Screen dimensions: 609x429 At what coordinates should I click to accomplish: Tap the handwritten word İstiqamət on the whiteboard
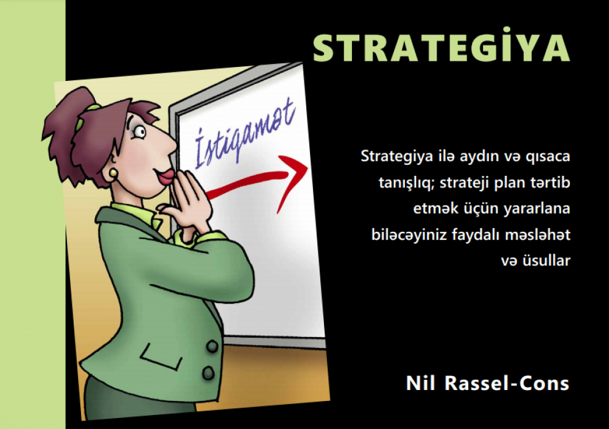coord(244,132)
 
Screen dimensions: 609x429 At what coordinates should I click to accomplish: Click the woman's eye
coord(139,132)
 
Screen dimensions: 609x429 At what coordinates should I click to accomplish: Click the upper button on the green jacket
coord(212,346)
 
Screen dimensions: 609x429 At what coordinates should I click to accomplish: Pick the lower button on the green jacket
coord(208,373)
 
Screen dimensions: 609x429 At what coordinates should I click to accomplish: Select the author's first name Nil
coord(421,383)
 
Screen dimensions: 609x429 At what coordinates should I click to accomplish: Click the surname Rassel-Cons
coord(507,383)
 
